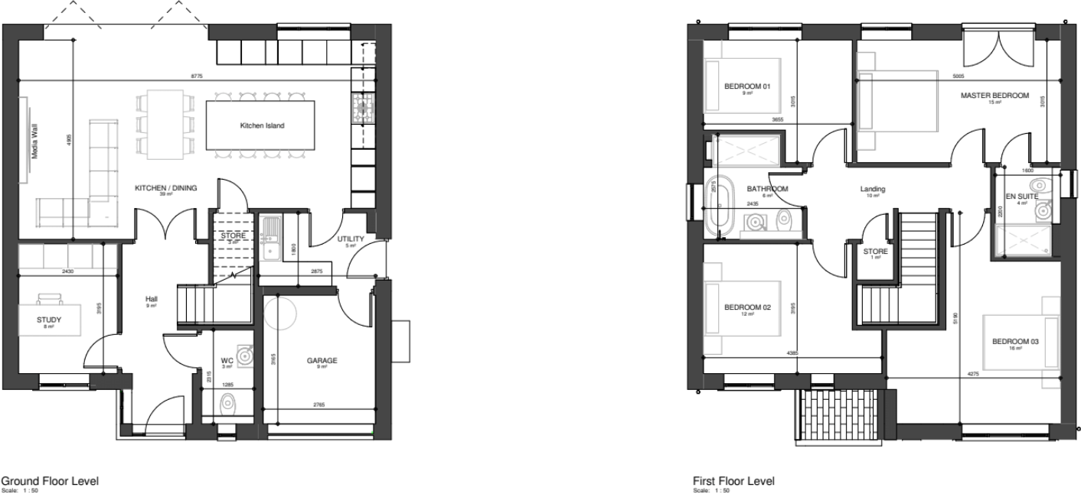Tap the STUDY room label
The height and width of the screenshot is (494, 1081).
(x=49, y=320)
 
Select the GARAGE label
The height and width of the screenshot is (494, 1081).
(x=322, y=360)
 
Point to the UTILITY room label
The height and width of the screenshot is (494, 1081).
(x=351, y=239)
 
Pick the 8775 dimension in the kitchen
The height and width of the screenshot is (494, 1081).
(x=198, y=76)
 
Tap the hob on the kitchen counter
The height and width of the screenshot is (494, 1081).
(x=361, y=108)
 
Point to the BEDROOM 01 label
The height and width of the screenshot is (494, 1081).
(x=746, y=86)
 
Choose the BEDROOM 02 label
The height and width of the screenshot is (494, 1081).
(x=746, y=307)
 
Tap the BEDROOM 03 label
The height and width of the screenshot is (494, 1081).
(x=1014, y=341)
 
